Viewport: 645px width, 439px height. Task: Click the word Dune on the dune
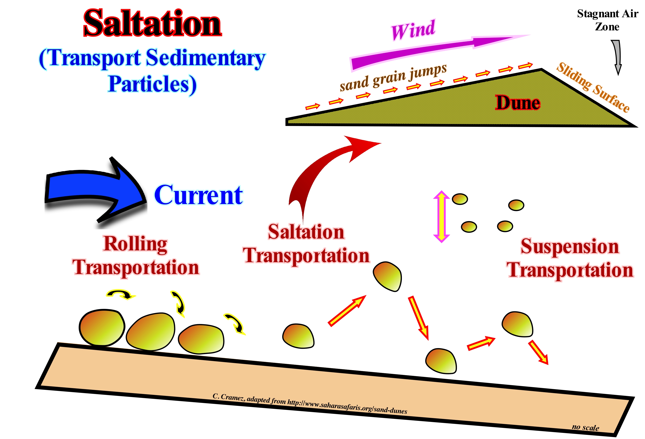(x=518, y=103)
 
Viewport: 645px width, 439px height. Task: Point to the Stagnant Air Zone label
(x=607, y=20)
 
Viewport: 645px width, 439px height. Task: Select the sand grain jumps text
(x=393, y=78)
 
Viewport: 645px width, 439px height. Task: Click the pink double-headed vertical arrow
(x=441, y=216)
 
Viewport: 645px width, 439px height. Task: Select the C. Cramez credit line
(x=310, y=403)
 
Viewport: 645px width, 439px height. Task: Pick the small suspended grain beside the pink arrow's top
(x=460, y=199)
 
